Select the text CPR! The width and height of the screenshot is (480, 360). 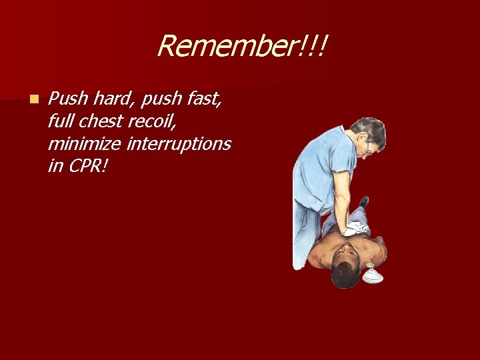[87, 165]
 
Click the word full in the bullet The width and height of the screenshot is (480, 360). [61, 121]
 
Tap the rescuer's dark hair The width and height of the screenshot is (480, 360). [371, 129]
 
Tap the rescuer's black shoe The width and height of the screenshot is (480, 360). [363, 201]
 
